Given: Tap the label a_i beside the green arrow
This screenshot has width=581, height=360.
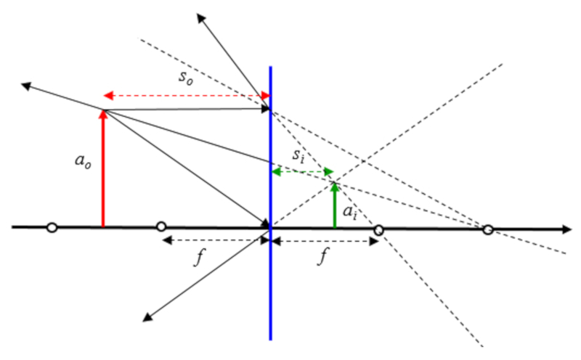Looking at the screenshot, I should point(350,212).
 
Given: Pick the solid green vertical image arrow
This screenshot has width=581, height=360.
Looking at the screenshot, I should point(334,207).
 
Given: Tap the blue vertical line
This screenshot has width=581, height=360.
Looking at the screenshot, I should point(270,290).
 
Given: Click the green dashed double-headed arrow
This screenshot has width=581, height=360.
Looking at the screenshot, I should point(302,172).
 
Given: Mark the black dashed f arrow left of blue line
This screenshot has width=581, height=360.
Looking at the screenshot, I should point(215,240).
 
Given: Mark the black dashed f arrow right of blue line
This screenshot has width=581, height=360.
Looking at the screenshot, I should point(325,240).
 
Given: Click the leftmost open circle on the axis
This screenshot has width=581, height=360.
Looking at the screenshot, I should point(51,228).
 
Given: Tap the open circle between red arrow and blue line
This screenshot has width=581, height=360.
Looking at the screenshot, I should point(161,227).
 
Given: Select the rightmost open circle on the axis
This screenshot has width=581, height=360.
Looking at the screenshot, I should point(488,230).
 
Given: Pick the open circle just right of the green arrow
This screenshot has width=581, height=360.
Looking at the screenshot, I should point(378,229).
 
